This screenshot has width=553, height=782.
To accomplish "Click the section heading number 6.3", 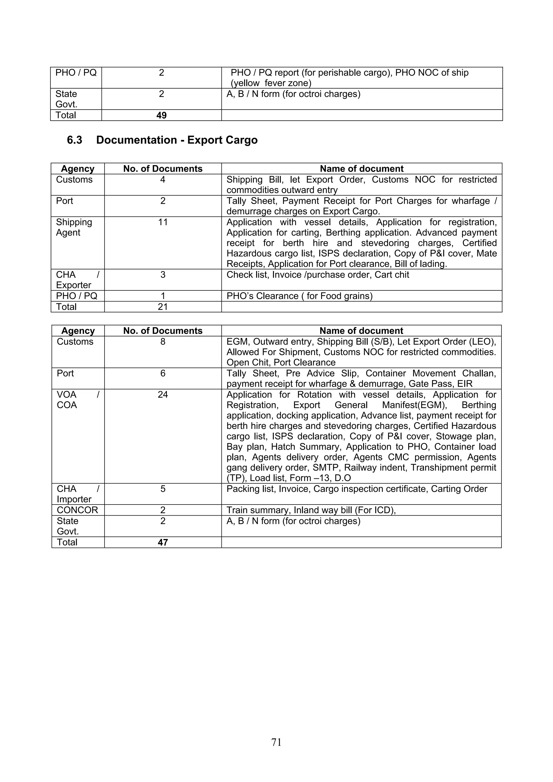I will pos(74,140).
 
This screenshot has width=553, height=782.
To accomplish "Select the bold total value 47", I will pos(163,542).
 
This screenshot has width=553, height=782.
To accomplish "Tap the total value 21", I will pos(163,307).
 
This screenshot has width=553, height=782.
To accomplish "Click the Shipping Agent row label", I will pos(74,227).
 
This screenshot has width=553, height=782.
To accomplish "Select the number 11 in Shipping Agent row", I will pos(163,222).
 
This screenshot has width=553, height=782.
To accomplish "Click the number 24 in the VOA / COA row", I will pos(163,394).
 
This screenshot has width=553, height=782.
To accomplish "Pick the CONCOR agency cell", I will pos(77,510).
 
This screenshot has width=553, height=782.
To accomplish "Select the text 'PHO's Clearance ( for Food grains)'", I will pos(299,296).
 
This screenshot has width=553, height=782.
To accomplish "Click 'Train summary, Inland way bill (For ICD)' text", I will pos(311,510).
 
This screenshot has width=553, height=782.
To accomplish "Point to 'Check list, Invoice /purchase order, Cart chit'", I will pos(318,275).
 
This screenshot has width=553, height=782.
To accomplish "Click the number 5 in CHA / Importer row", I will pos(163,489).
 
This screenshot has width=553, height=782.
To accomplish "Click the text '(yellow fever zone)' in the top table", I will pos(271,83).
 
